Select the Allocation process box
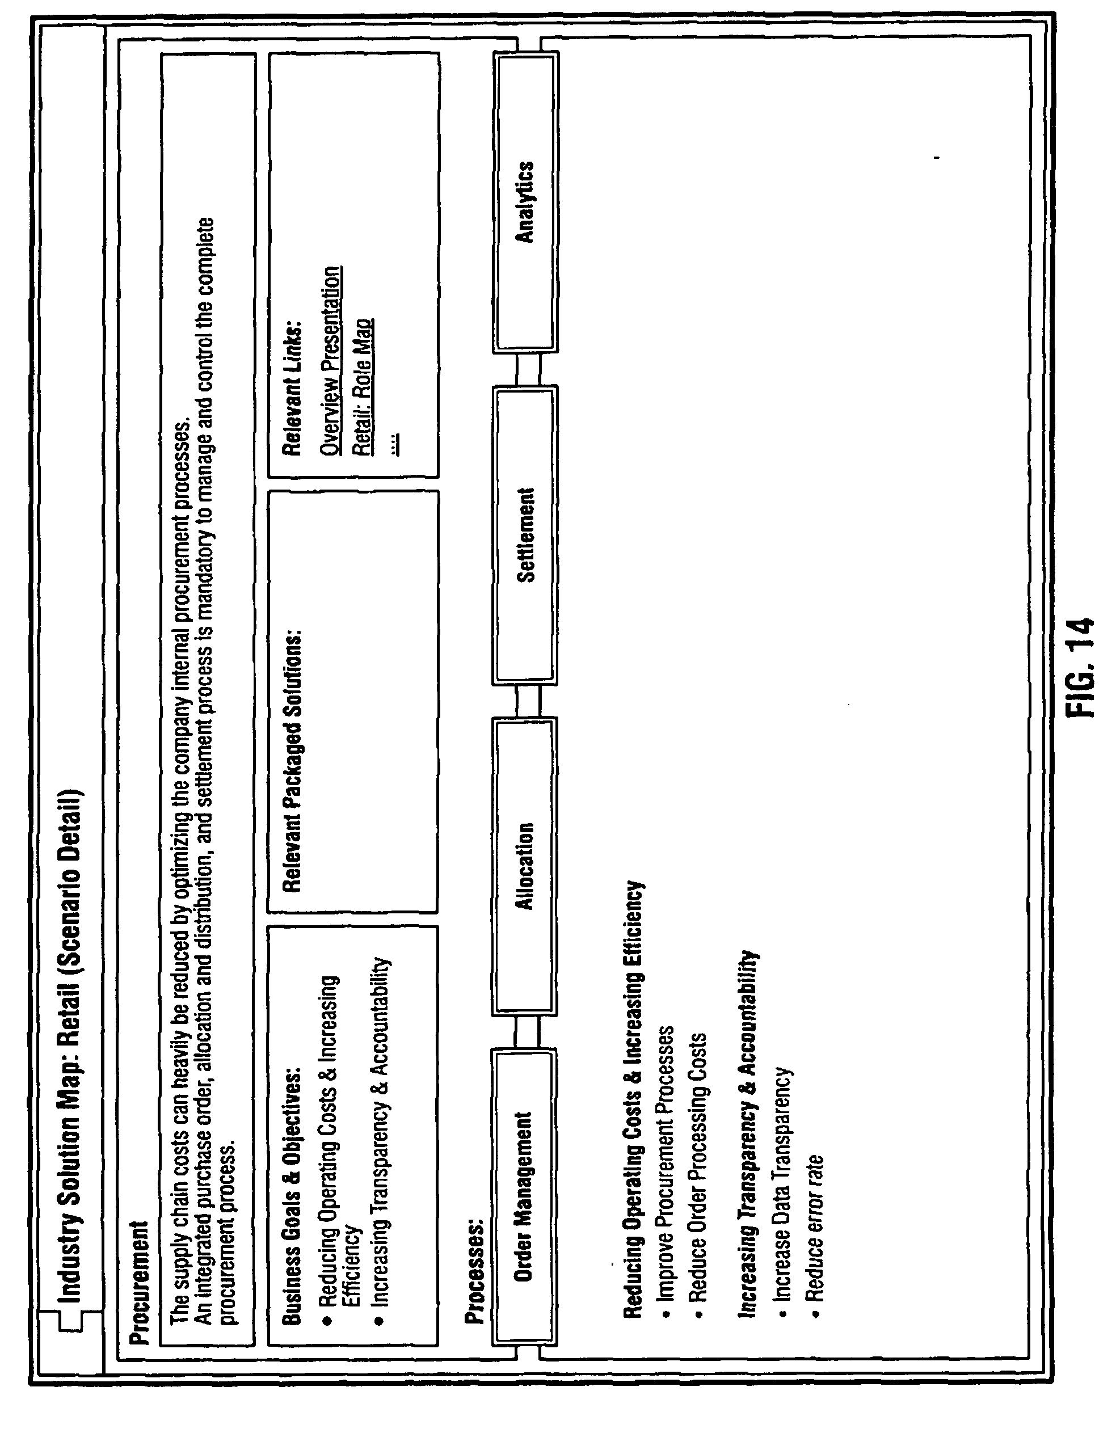pyautogui.click(x=524, y=866)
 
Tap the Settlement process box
pyautogui.click(x=524, y=534)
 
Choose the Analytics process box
pyautogui.click(x=524, y=203)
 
